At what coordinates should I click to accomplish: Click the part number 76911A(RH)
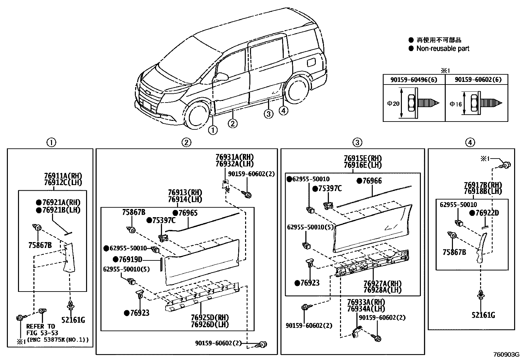[x=63, y=176]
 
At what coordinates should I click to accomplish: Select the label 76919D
[x=130, y=260]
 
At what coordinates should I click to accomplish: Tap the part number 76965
[x=188, y=213]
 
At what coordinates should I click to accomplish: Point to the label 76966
[x=372, y=181]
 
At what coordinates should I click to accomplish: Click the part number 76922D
[x=487, y=213]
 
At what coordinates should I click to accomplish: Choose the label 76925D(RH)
[x=210, y=318]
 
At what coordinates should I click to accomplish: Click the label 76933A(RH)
[x=366, y=302]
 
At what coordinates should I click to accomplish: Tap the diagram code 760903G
[x=506, y=355]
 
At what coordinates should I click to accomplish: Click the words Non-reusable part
[x=442, y=49]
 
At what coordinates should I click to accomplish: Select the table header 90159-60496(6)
[x=414, y=80]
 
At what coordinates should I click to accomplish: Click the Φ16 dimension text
[x=456, y=104]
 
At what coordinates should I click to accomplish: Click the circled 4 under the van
[x=283, y=111]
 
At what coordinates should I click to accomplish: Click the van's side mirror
[x=222, y=77]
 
